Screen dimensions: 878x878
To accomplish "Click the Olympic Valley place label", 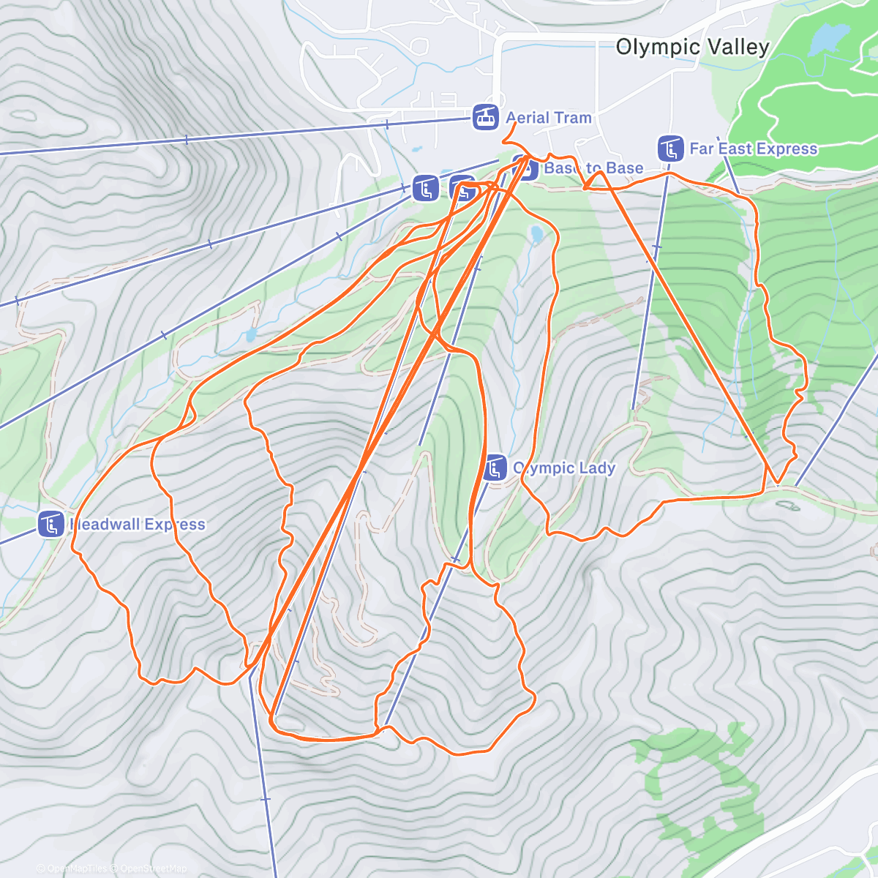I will click(692, 48).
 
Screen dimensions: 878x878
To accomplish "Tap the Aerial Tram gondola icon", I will click(485, 117).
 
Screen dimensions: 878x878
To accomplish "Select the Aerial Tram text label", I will click(548, 118).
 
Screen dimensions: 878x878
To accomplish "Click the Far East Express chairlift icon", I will click(670, 149).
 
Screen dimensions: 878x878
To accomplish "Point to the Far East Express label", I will click(753, 149).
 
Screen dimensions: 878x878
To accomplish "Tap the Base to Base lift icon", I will click(525, 168).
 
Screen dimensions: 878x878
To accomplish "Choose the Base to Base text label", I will click(594, 168).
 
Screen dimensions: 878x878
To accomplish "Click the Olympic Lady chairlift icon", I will click(495, 468).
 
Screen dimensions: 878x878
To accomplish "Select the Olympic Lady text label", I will click(564, 468).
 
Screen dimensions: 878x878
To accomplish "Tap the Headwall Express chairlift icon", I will click(51, 525).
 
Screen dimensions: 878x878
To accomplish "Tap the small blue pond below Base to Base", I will click(536, 234).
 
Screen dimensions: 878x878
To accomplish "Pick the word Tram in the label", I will click(572, 118).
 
